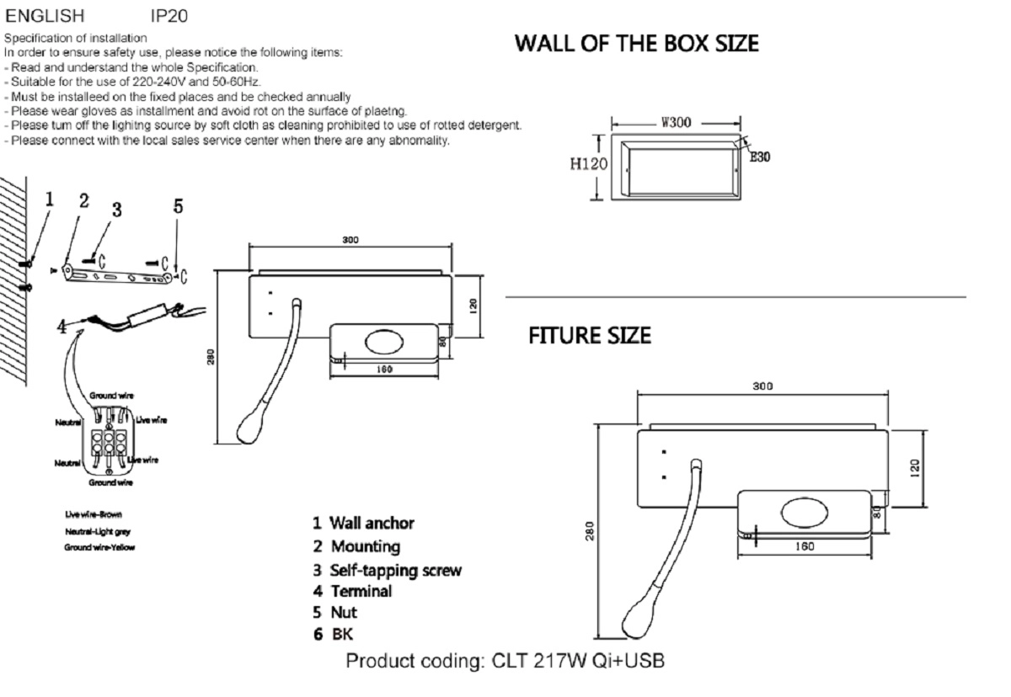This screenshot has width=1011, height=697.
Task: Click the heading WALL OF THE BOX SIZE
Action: [x=636, y=43]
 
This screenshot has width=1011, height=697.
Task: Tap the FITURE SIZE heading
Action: [x=589, y=336]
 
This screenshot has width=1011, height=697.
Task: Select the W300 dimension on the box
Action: [x=676, y=122]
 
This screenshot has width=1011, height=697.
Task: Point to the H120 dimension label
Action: [x=587, y=165]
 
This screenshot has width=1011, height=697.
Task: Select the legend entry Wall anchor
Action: [x=363, y=524]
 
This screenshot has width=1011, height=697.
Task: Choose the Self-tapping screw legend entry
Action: [x=387, y=570]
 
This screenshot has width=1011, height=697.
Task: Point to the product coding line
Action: [x=505, y=661]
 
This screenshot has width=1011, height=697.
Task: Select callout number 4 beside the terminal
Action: [x=62, y=327]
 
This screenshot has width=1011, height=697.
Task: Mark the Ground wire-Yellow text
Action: [x=99, y=547]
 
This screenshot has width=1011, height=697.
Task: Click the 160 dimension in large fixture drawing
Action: [x=804, y=545]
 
